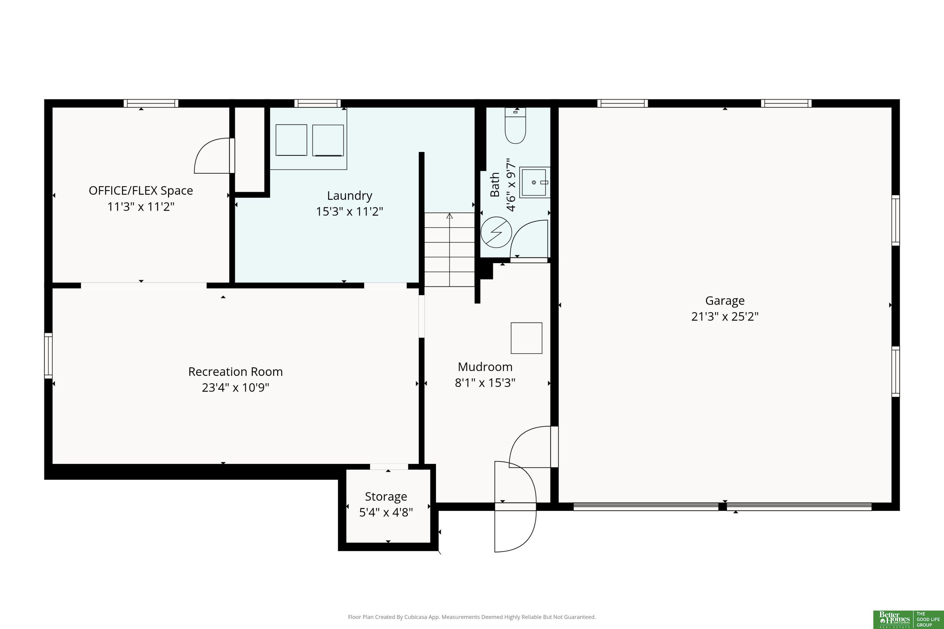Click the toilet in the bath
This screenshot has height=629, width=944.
tap(515, 125)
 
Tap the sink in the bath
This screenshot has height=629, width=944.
tap(535, 182)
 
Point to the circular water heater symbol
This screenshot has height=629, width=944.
tap(497, 232)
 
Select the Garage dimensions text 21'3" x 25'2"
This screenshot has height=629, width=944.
tap(725, 317)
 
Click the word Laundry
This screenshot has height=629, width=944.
tap(350, 196)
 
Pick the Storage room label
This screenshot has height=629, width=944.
tap(386, 497)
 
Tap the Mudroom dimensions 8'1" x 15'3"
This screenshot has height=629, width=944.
tap(485, 383)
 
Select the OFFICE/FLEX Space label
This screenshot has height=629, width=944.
tap(141, 190)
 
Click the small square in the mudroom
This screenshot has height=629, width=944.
tap(527, 338)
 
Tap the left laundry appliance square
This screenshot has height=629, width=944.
tap(291, 140)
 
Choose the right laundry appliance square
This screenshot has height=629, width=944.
tap(328, 140)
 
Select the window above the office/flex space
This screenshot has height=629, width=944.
tap(151, 104)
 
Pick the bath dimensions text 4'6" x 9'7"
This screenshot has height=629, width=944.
tap(511, 185)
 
